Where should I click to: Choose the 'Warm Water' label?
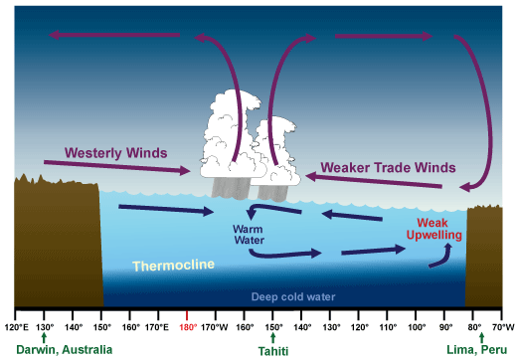(x=248, y=234)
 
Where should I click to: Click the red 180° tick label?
(x=187, y=325)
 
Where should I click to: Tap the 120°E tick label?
(x=16, y=325)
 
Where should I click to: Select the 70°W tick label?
(x=504, y=325)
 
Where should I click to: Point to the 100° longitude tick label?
(x=417, y=325)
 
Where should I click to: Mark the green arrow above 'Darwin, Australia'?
(x=45, y=338)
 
